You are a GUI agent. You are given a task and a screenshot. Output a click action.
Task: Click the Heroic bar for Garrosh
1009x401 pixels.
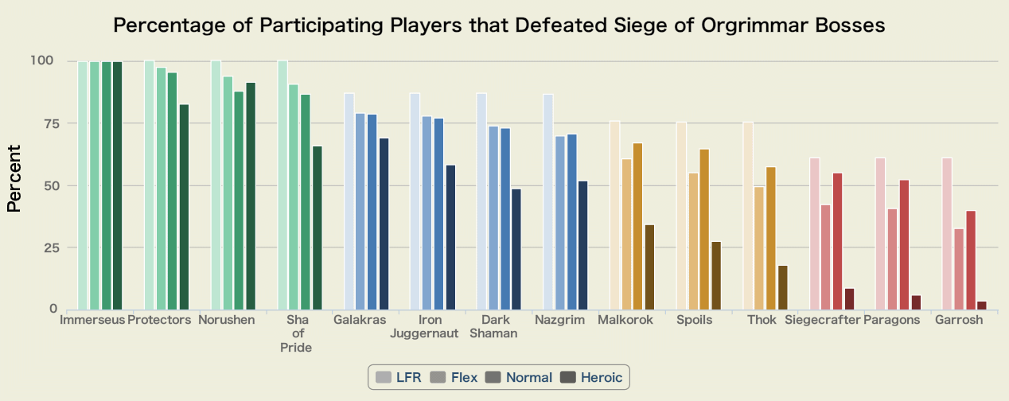click(x=982, y=306)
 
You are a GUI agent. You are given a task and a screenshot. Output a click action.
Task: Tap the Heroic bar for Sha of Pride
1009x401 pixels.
click(x=317, y=228)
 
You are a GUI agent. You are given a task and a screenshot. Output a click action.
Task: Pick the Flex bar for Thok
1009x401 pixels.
click(x=759, y=248)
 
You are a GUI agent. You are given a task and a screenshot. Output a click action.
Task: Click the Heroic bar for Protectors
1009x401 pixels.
click(x=184, y=207)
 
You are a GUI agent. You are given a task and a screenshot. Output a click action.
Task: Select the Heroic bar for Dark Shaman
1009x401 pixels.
click(x=516, y=249)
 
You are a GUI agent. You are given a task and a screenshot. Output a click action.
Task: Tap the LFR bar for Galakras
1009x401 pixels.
click(x=349, y=201)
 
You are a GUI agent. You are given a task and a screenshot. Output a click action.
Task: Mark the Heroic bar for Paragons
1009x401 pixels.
click(x=916, y=302)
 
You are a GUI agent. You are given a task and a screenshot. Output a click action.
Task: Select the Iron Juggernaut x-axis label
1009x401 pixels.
click(x=424, y=326)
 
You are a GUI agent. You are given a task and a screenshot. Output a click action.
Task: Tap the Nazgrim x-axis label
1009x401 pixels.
click(x=560, y=320)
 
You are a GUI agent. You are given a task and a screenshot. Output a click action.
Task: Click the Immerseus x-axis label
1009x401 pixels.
click(x=93, y=320)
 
